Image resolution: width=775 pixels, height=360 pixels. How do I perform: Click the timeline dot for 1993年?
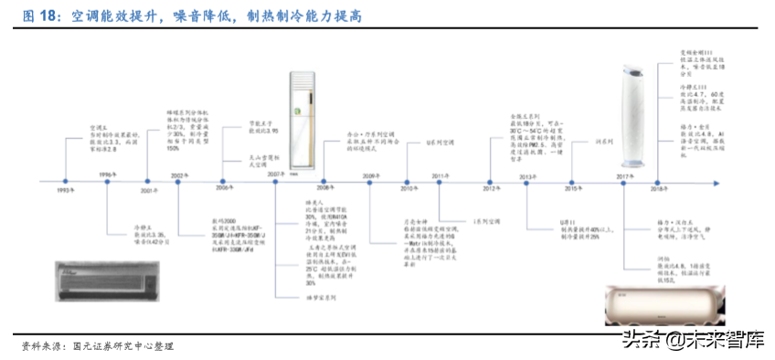pos(63,182)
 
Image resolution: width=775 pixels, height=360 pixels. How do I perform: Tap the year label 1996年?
pos(107,175)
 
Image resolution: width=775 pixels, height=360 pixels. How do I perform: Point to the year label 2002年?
pos(179,175)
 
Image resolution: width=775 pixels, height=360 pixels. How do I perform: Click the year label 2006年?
pos(225,188)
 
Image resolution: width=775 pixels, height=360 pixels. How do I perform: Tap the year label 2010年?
pos(407,188)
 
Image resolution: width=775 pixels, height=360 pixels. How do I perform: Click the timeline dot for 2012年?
pos(494,181)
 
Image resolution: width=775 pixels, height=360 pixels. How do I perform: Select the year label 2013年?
pos(527,175)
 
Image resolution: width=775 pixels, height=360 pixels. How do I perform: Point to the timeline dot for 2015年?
pos(572,181)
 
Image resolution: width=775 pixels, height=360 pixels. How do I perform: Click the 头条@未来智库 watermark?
pos(693,341)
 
